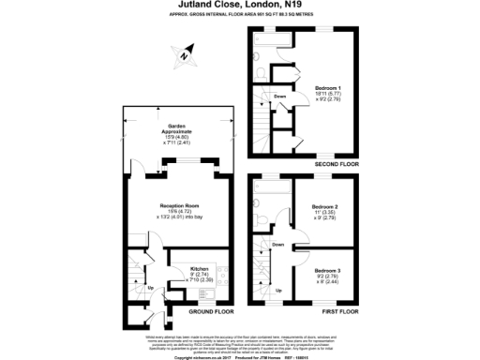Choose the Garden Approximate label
[x=180, y=128]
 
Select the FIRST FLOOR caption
[x=342, y=310]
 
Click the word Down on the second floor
[x=279, y=96]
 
